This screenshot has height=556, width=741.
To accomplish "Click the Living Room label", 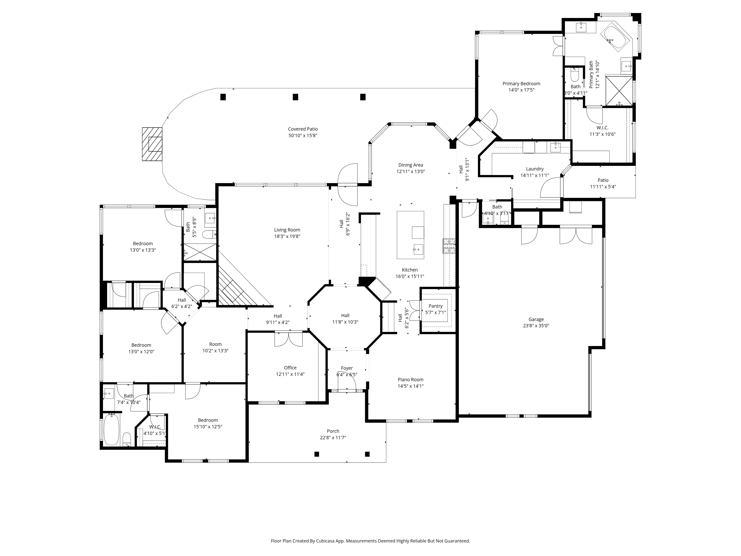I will pyautogui.click(x=287, y=230).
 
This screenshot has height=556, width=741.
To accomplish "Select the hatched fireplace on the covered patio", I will pyautogui.click(x=152, y=144).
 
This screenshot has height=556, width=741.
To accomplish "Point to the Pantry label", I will pyautogui.click(x=436, y=306).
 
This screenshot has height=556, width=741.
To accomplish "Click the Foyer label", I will pyautogui.click(x=347, y=368).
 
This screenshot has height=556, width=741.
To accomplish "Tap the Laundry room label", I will pyautogui.click(x=535, y=169).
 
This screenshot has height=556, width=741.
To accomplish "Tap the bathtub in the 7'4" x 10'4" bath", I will pyautogui.click(x=111, y=430).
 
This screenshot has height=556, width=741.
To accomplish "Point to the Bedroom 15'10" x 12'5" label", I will pyautogui.click(x=208, y=420).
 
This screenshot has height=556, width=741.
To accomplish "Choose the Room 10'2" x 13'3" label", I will pyautogui.click(x=215, y=344).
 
